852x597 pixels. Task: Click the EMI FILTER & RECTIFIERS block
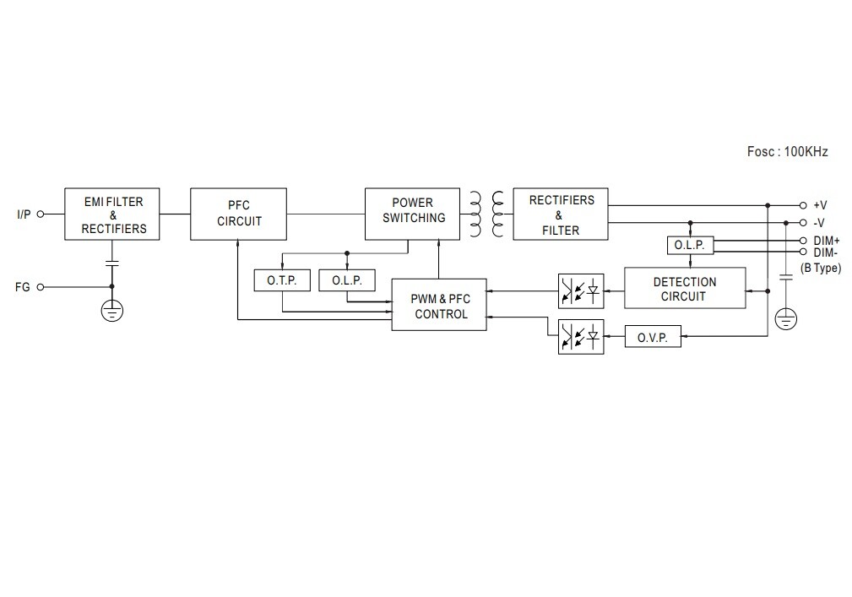click(112, 214)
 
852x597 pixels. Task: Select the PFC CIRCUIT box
click(239, 214)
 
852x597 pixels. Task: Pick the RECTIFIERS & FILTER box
click(560, 214)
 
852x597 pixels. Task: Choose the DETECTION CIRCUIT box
click(685, 288)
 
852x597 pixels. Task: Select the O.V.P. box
click(653, 337)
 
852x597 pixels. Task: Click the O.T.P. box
click(282, 280)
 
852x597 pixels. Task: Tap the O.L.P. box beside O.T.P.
click(347, 280)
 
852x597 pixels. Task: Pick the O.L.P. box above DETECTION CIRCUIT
click(690, 245)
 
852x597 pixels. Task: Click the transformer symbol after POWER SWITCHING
click(486, 214)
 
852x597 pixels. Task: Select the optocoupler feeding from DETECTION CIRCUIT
click(581, 290)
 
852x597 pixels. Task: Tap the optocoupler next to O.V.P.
click(581, 337)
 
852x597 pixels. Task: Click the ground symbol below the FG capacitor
click(111, 312)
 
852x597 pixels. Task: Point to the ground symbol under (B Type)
click(786, 318)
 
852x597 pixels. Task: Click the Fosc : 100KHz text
click(787, 152)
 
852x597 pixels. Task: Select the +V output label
click(820, 205)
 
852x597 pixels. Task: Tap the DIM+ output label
click(826, 241)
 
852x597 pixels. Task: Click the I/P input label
click(24, 214)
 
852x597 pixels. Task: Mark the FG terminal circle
click(40, 287)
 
